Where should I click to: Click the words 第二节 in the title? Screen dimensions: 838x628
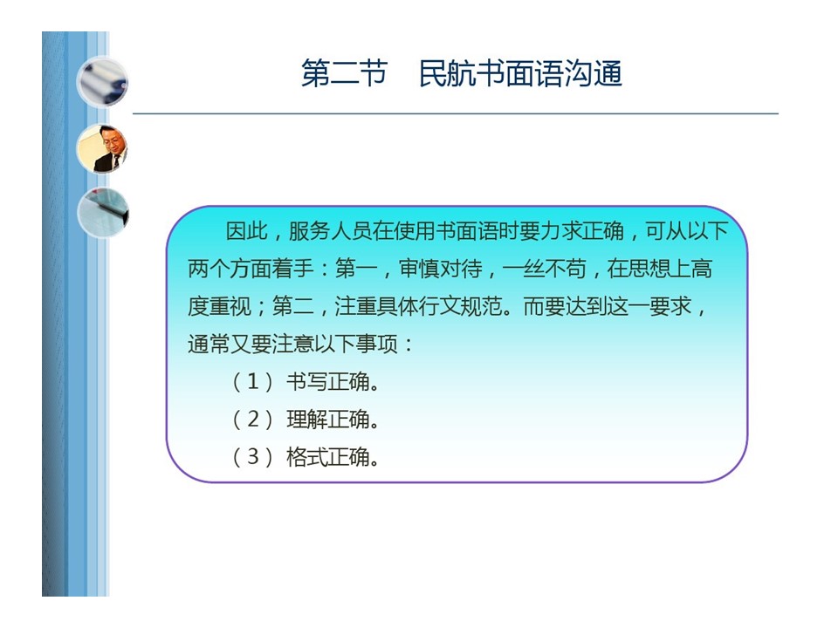click(x=344, y=73)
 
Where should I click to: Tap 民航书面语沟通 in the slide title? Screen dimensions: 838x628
click(x=520, y=73)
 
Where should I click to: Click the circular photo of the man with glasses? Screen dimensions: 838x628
click(x=102, y=148)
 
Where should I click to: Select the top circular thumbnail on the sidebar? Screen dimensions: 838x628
click(x=102, y=83)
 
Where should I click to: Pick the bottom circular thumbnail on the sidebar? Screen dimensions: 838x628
click(x=103, y=213)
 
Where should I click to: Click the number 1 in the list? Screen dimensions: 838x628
click(x=253, y=382)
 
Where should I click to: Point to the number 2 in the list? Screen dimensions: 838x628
click(x=253, y=420)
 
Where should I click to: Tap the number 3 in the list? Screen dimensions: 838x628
click(x=253, y=456)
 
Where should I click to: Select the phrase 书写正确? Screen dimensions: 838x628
click(x=328, y=382)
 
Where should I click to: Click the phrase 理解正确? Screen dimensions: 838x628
click(x=328, y=420)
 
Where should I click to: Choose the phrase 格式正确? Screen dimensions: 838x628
click(x=328, y=456)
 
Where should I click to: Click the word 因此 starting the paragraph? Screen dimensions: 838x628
click(x=246, y=231)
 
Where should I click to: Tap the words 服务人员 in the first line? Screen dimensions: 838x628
click(x=330, y=231)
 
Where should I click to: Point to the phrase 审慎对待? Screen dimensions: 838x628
click(x=441, y=269)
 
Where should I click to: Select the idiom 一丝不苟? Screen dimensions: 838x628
click(x=544, y=269)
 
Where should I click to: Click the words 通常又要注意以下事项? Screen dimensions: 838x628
click(x=293, y=344)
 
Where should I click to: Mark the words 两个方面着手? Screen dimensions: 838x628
click(x=251, y=269)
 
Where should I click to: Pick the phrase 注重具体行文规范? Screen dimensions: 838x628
click(x=418, y=306)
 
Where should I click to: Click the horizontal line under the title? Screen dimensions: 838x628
click(x=456, y=113)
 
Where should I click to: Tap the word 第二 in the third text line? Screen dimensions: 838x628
click(x=293, y=306)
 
